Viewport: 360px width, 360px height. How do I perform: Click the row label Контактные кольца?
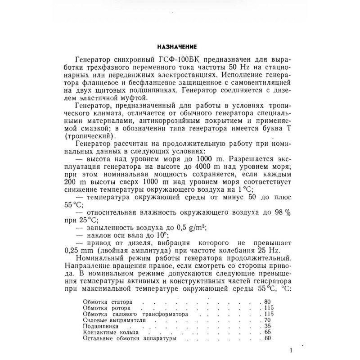click(108, 333)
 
